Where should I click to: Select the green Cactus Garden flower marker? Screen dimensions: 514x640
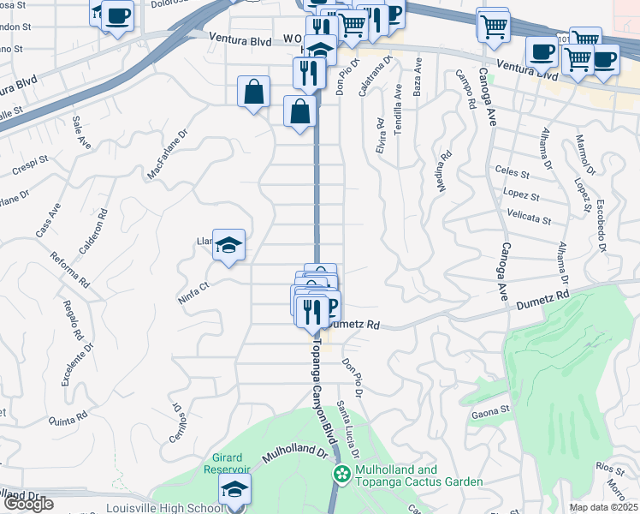click(x=342, y=474)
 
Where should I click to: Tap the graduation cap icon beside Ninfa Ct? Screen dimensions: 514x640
click(x=228, y=245)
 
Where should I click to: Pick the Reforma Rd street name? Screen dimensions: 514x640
click(x=70, y=269)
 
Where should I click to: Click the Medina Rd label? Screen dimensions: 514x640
click(x=446, y=171)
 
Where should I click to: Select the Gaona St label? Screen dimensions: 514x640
click(x=490, y=412)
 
